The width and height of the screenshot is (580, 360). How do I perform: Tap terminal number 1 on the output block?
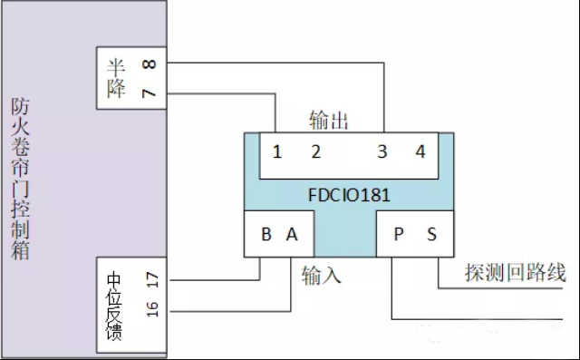pyautogui.click(x=277, y=152)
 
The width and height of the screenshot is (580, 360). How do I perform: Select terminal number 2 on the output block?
pyautogui.click(x=316, y=152)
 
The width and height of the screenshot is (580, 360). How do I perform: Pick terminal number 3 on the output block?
pyautogui.click(x=382, y=152)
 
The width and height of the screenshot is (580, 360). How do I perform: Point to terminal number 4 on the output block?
pyautogui.click(x=420, y=152)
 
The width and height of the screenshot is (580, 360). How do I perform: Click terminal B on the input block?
pyautogui.click(x=266, y=234)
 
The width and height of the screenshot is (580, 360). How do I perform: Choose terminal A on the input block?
pyautogui.click(x=291, y=234)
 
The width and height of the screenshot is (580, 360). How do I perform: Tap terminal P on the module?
pyautogui.click(x=398, y=234)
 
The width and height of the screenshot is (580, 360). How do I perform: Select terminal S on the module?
pyautogui.click(x=431, y=234)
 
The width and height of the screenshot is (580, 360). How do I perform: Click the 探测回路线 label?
pyautogui.click(x=515, y=274)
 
